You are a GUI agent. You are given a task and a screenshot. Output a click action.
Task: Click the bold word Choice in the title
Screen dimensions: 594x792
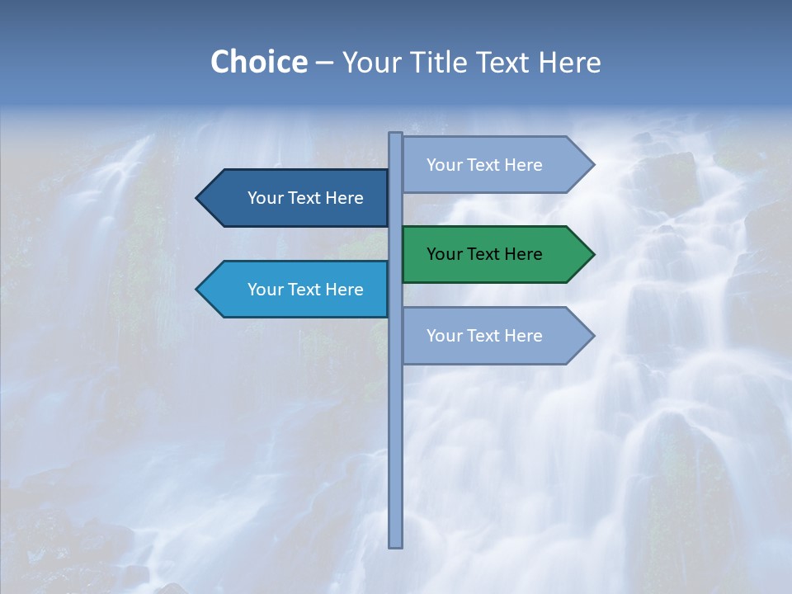(258, 62)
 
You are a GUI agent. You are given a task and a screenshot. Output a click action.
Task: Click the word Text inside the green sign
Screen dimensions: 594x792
(484, 254)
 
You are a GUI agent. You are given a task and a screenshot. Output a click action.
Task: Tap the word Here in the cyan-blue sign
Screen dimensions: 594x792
(344, 290)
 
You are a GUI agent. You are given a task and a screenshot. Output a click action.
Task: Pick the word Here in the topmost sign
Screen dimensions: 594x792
(523, 165)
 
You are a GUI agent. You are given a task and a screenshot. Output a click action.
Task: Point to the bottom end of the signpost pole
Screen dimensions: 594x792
(396, 544)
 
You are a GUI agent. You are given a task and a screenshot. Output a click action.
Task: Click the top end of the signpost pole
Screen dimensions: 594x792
(396, 135)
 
